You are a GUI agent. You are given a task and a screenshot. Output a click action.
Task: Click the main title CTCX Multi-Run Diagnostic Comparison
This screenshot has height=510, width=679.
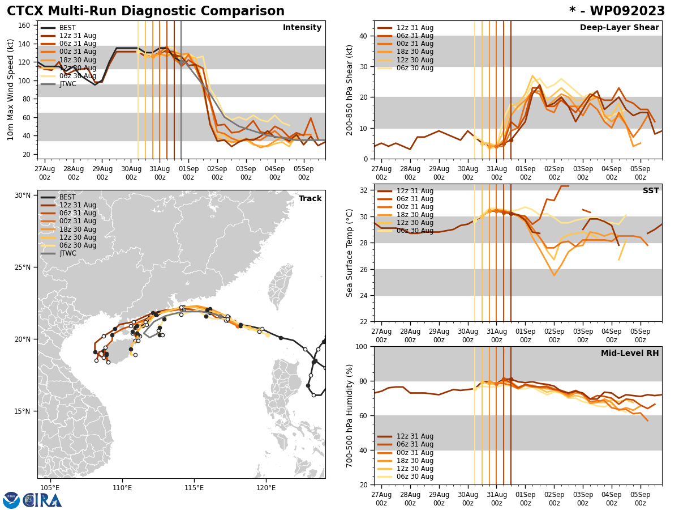point(145,11)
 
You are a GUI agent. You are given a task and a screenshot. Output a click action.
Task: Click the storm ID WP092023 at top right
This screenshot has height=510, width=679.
point(617,11)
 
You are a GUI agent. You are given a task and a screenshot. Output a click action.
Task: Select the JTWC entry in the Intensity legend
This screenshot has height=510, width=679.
point(67,84)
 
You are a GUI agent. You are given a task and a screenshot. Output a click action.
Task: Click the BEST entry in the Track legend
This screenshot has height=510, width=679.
point(67,197)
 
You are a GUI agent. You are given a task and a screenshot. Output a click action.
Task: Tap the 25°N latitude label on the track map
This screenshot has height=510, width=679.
point(23,267)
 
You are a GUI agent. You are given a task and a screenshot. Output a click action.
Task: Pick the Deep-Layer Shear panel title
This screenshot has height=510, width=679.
point(619,28)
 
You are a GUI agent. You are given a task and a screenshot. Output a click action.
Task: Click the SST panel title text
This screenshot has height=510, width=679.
point(651,191)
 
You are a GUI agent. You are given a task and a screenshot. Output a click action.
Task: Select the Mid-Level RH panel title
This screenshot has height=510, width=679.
point(630,354)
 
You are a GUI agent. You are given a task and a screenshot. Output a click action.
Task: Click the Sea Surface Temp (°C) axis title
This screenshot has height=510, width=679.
point(350,253)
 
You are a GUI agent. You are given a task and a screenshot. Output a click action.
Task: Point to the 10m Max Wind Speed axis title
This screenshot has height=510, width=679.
point(11,90)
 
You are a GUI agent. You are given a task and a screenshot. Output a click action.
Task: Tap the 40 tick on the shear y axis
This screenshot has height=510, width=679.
point(363,36)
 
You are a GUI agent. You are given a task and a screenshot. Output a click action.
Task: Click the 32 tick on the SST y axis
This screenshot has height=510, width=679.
point(363,190)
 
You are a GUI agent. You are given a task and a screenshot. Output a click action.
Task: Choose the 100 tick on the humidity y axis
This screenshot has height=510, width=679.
point(360,346)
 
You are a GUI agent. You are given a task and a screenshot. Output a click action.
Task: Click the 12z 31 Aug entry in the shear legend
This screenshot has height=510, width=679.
point(415,28)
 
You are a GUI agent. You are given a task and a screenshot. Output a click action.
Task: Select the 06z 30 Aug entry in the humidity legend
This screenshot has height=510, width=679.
point(415,477)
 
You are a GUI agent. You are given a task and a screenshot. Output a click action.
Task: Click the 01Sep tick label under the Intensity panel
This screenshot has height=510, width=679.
point(188,173)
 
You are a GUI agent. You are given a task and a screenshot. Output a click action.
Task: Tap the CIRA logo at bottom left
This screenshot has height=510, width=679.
point(43,500)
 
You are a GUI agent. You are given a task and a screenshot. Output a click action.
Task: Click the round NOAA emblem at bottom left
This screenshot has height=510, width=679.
point(11,500)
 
